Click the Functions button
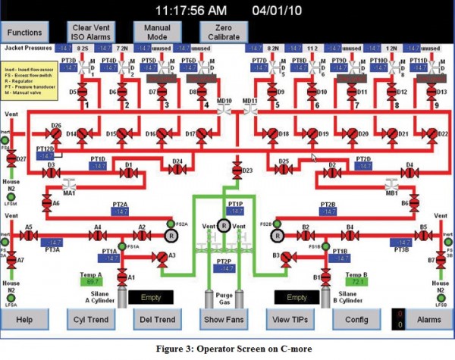pos(26,32)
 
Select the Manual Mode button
pos(154,32)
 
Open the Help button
pos(26,319)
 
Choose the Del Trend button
pos(157,319)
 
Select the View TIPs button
pos(289,319)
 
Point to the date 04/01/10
pos(279,11)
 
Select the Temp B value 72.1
pos(359,281)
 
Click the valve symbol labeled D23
pos(237,171)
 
